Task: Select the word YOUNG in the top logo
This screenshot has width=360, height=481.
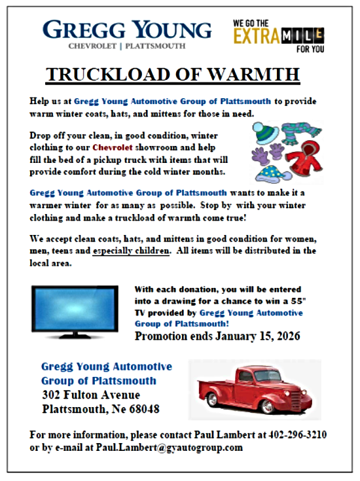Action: point(171,30)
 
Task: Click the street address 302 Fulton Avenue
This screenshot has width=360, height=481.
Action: point(90,395)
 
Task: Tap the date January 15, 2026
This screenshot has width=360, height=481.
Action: point(257,337)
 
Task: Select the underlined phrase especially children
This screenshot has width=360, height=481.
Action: point(132,251)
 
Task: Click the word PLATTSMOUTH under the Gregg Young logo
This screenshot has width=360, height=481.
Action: point(154,46)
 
